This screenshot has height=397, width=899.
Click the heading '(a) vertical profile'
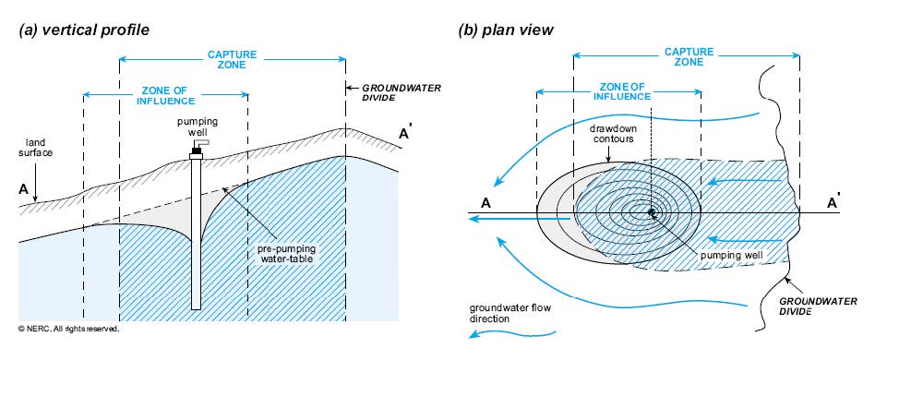84,30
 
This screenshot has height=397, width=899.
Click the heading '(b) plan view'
506,30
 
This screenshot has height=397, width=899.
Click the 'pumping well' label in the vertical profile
196,127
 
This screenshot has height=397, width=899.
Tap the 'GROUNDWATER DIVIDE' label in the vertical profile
399,94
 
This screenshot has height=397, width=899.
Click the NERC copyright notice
69,329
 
